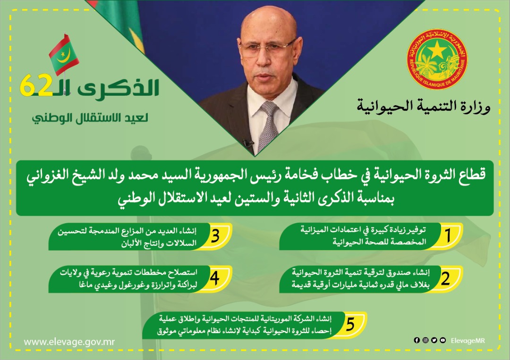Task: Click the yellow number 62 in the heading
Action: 36,85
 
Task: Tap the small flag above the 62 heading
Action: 64,55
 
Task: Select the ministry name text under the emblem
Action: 424,106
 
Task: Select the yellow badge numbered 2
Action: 446,279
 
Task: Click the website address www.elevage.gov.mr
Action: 69,342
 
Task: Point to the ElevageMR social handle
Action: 467,341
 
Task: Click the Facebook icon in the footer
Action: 416,340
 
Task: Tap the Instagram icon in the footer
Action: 425,340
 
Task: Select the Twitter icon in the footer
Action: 434,340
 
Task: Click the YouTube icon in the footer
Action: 442,340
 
